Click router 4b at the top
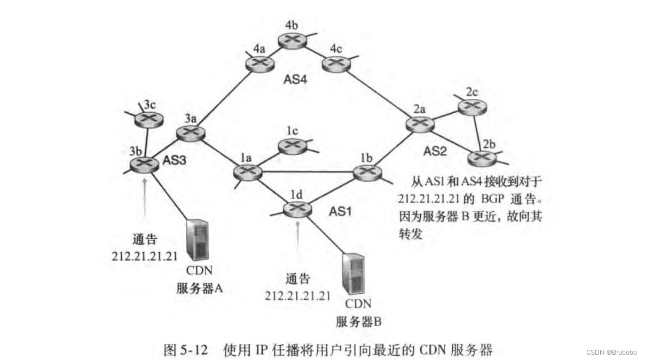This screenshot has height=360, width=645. coord(292,40)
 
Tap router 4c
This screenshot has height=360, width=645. coord(336,64)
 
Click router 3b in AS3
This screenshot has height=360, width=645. coord(144,165)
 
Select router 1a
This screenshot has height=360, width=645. coord(247,171)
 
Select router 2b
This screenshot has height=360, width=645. coord(483,158)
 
